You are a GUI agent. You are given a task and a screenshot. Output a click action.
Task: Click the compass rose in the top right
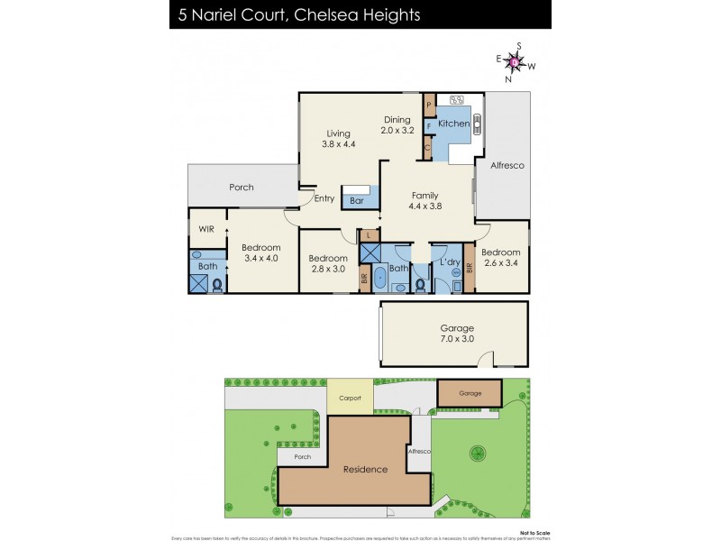coord(515,62)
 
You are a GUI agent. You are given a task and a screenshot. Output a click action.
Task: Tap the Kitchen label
coord(453,124)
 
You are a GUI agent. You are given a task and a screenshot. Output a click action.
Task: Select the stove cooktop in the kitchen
coord(456,100)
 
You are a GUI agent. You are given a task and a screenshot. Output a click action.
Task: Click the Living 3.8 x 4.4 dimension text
coord(340,137)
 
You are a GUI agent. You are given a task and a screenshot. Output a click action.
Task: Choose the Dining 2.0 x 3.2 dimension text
coord(397,124)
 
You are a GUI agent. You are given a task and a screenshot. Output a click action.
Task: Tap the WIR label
coord(206,230)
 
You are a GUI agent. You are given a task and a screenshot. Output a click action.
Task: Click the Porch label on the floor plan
coord(241,188)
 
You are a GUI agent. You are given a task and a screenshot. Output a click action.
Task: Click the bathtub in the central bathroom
coord(379,278)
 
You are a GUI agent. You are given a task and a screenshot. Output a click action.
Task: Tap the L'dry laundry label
coord(449,261)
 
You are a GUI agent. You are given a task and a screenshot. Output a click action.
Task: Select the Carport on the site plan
coord(350,398)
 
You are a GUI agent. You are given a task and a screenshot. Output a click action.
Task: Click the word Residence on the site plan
coord(364,469)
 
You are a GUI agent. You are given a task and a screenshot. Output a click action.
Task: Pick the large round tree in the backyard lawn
coord(476,453)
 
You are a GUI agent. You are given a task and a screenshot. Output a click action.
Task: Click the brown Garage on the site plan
coord(470,393)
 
